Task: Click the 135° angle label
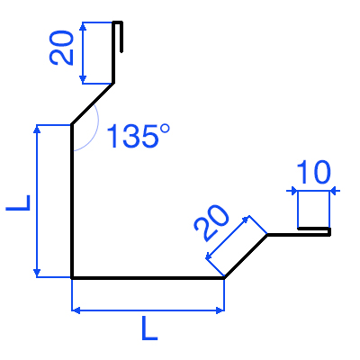coord(139,136)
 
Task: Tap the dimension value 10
coord(313,172)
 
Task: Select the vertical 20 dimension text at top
coord(61,48)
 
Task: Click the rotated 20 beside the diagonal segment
coord(211,223)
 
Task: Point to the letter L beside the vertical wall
coord(18,202)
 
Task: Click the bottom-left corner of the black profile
coord(72,278)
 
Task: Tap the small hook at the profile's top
coord(118,36)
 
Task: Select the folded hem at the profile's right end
coord(314,231)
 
